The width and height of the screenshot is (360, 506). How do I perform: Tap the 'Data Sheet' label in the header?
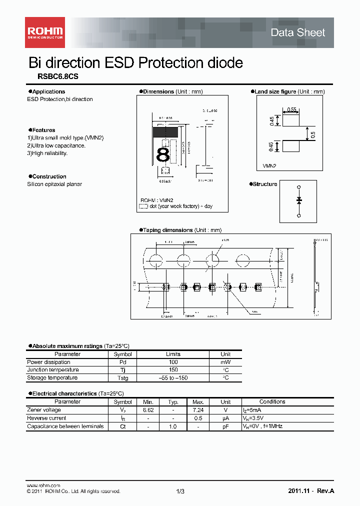coord(297,33)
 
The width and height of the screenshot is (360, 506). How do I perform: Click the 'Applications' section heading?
coord(48,91)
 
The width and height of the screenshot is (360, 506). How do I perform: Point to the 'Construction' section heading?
coord(49,176)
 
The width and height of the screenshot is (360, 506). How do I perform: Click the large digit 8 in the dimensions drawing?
coord(163,155)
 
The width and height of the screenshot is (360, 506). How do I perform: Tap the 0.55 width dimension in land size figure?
coord(291,109)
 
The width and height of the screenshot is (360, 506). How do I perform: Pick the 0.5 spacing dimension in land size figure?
coord(312,134)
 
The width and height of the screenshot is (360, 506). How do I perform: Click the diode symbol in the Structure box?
coord(299,199)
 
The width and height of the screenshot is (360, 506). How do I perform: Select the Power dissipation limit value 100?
coord(173,362)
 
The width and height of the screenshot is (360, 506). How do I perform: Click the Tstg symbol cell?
coord(122,378)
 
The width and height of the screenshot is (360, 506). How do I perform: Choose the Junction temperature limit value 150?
coord(173,370)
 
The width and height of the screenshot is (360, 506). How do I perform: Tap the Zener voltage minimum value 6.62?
coord(148,410)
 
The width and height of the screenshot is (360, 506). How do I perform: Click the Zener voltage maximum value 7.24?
coord(198,410)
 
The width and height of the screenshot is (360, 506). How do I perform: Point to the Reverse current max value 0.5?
coord(198,418)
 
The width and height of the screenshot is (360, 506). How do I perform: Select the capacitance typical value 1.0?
coord(173,426)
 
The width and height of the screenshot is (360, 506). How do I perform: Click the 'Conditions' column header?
coord(272,401)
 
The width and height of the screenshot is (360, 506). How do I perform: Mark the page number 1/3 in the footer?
coord(180,491)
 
